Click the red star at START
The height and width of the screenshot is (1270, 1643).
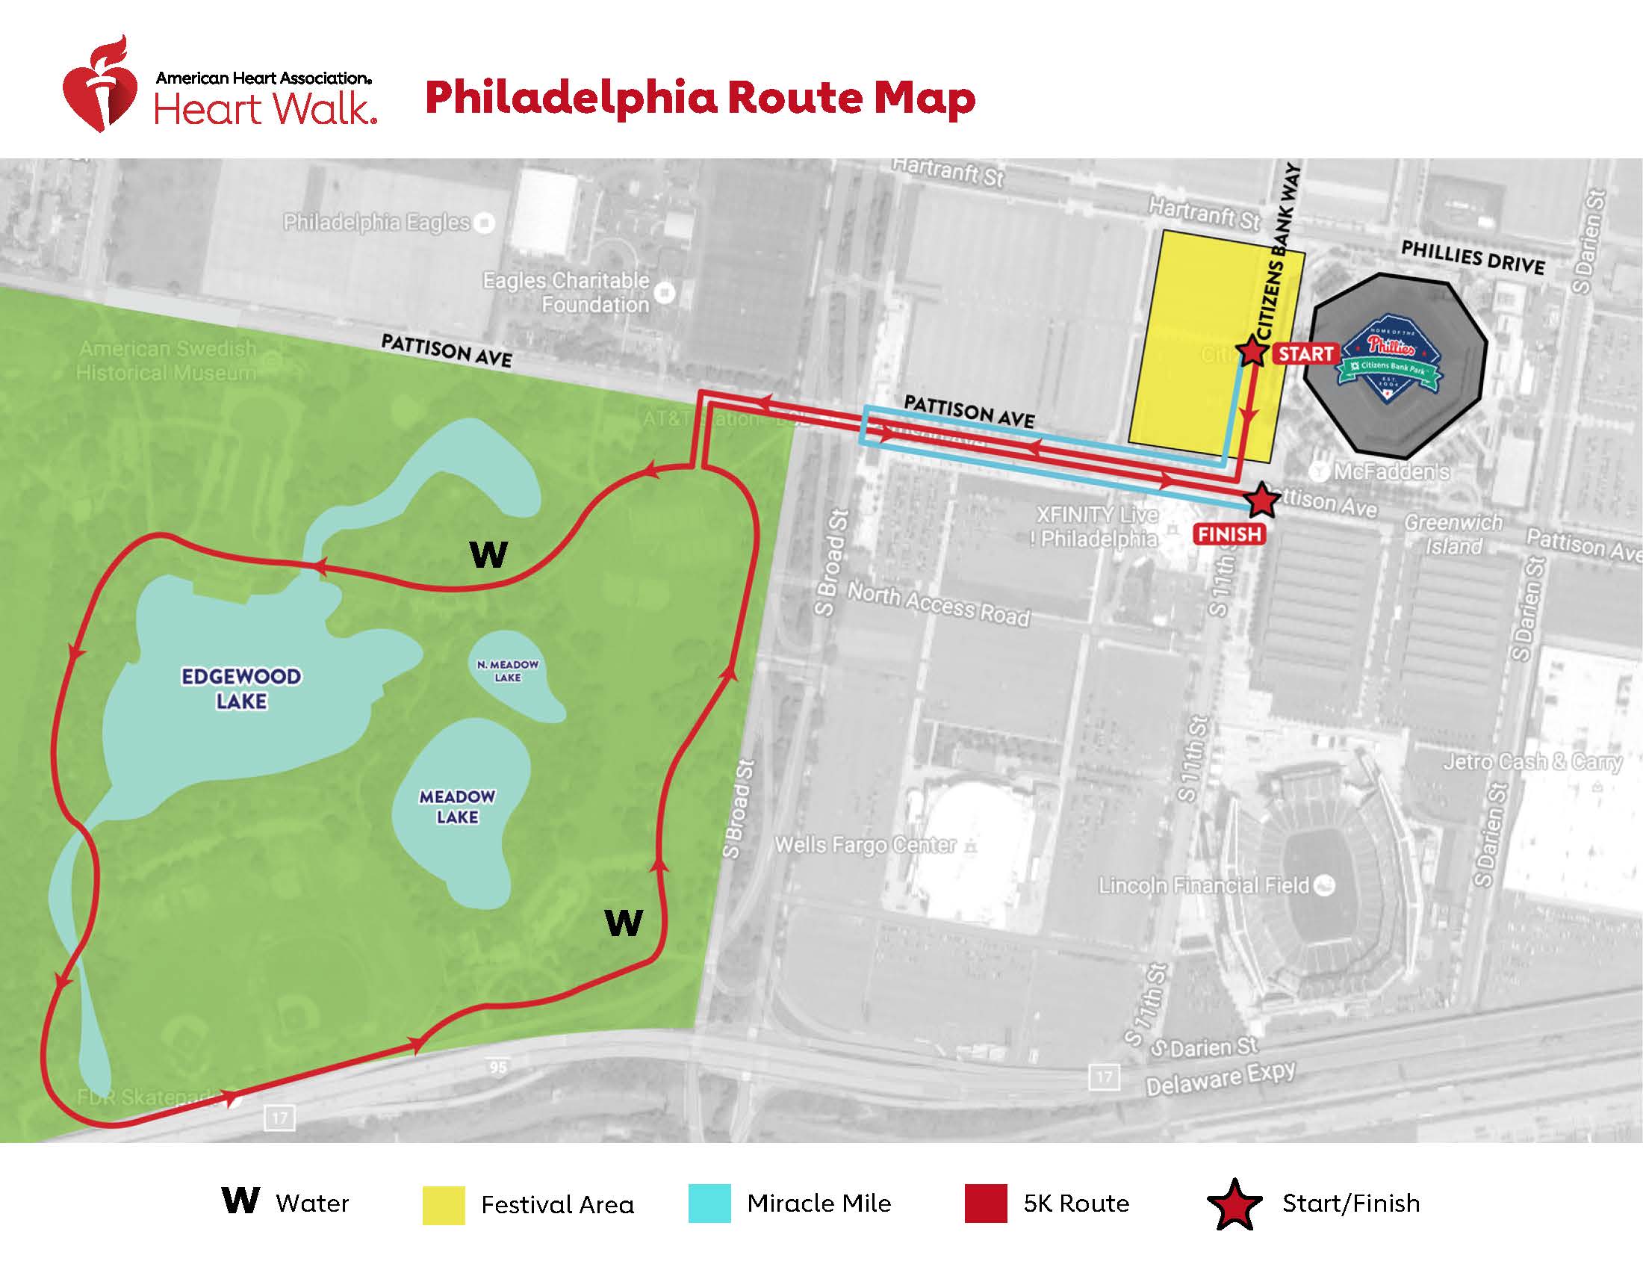coord(1250,351)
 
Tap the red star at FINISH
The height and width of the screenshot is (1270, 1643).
coord(1261,501)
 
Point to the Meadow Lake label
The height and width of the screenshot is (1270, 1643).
coord(456,806)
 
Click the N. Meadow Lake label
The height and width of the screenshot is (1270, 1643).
coord(508,670)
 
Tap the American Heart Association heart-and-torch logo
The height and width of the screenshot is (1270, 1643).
coord(99,87)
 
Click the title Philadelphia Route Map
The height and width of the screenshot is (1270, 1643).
coord(700,99)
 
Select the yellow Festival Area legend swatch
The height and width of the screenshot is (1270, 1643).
coord(443,1205)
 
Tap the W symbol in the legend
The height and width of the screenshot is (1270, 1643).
coord(240,1201)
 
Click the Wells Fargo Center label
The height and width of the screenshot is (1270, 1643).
coord(865,845)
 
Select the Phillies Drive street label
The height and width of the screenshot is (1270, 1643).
coord(1472,258)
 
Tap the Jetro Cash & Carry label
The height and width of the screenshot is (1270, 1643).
coord(1532,762)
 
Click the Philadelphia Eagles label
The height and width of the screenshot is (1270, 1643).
coord(376,223)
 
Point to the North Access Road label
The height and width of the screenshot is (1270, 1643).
coord(938,605)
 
